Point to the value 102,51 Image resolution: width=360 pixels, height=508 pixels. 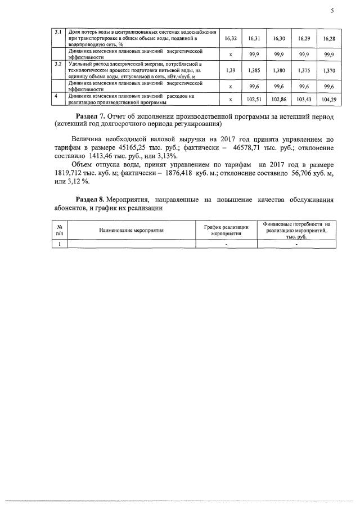tap(254, 100)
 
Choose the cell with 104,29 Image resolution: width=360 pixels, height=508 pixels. tap(329, 100)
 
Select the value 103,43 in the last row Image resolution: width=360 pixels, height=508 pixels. tap(304, 100)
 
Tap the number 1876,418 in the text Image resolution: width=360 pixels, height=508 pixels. tap(169, 173)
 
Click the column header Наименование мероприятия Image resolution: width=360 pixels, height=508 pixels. tap(132, 231)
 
